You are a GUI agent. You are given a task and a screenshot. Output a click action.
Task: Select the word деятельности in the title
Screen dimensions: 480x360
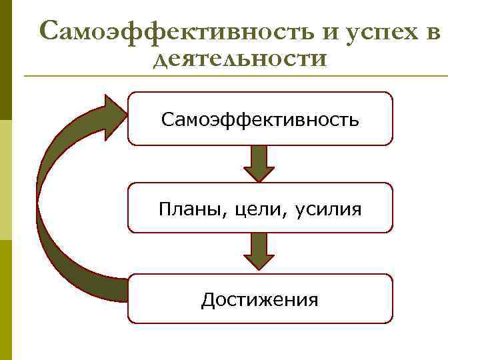point(240,59)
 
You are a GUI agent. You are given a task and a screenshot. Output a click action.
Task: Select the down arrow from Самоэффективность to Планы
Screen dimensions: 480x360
point(259,163)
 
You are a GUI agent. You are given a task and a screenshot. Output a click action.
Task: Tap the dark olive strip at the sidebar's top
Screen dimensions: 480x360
point(5,60)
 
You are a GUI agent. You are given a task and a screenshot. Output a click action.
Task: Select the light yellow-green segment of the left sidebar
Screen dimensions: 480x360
point(5,180)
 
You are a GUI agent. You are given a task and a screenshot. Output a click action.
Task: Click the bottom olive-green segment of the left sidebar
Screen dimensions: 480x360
point(5,300)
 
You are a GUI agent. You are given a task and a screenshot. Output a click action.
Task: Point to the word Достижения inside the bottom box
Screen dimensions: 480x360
point(260,300)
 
